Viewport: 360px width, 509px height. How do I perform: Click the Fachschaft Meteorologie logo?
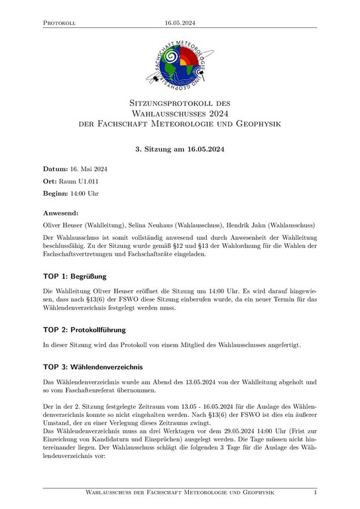[x=180, y=65]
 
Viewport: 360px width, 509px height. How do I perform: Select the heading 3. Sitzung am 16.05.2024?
[x=180, y=149]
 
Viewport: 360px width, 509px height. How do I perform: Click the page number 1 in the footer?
[x=315, y=493]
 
